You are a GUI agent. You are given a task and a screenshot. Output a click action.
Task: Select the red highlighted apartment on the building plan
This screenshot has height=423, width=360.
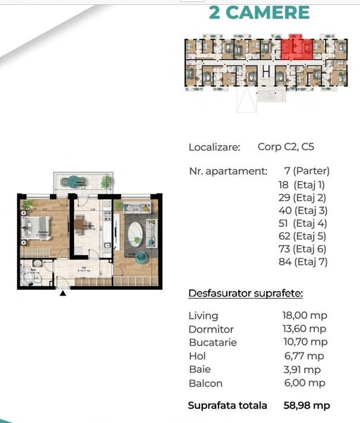click(x=297, y=48)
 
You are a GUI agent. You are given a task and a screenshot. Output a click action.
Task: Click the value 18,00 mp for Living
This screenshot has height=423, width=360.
click(x=304, y=315)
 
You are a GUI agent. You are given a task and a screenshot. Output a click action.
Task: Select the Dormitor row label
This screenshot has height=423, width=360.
click(x=211, y=329)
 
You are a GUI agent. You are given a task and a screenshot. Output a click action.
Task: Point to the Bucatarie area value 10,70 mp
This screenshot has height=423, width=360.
click(x=304, y=343)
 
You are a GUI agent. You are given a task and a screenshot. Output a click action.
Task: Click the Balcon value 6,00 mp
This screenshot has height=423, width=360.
click(x=304, y=384)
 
